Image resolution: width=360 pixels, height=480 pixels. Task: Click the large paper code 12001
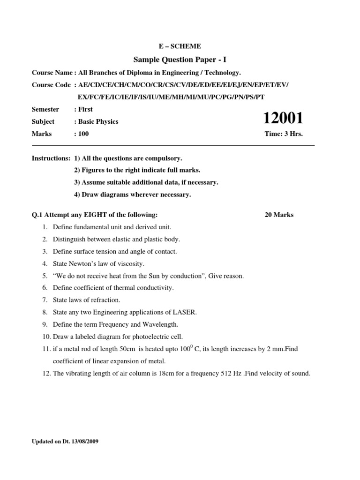[284, 118]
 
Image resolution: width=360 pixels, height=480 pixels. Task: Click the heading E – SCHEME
[180, 46]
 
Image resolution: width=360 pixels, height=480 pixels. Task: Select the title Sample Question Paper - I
[180, 60]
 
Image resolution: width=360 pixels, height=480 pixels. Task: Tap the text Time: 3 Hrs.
[284, 134]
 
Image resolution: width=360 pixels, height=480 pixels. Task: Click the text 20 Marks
[279, 215]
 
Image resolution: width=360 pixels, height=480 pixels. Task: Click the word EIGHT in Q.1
[88, 215]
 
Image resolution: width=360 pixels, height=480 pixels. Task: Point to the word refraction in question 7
[106, 300]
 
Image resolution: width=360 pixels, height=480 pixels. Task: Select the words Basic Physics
[98, 121]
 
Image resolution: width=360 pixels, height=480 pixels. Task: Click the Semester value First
[85, 109]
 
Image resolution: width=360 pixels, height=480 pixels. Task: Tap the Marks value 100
[83, 134]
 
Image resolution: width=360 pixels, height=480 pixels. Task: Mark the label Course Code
[51, 85]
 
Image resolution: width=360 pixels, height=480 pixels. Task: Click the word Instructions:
[51, 158]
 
